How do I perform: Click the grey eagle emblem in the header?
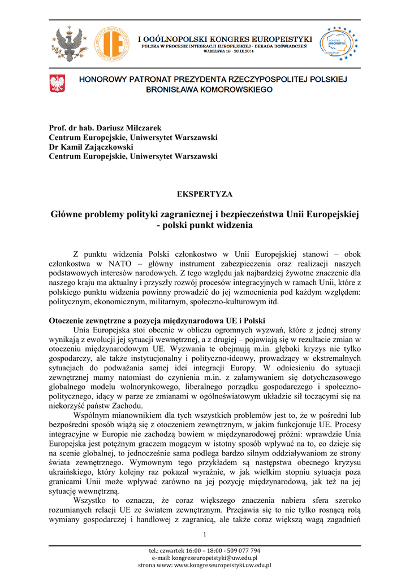click(68, 44)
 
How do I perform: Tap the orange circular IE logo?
click(111, 43)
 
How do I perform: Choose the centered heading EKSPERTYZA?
click(205, 194)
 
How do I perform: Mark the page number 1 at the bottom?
click(205, 535)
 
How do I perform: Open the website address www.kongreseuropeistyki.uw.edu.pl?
click(222, 565)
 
